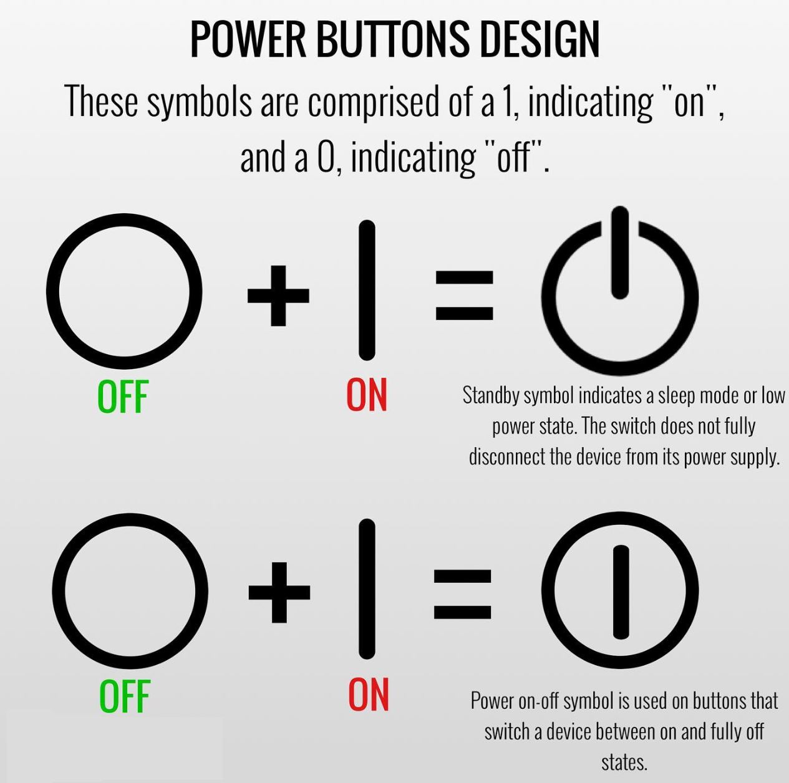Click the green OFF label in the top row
(123, 396)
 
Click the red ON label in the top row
(367, 395)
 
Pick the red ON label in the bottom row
(368, 694)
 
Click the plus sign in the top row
(278, 295)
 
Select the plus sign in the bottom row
(279, 592)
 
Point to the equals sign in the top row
(464, 295)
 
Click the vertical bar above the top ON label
(367, 291)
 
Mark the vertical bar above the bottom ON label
(367, 589)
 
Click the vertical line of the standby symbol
(620, 252)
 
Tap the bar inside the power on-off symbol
(621, 592)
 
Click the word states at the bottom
(624, 762)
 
